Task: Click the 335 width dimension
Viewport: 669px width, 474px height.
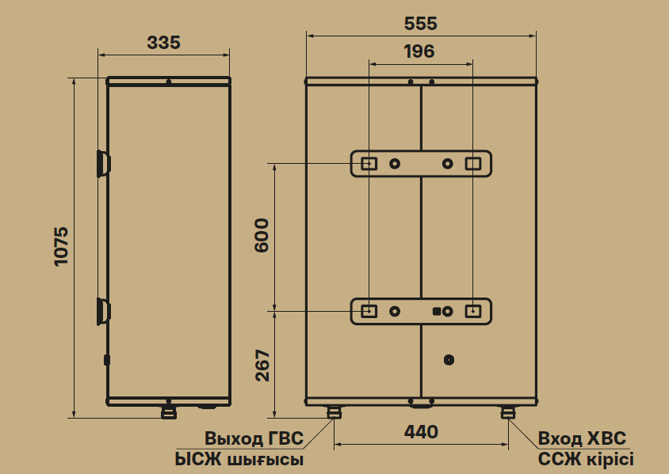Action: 163,43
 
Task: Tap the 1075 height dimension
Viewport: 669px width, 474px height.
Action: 62,247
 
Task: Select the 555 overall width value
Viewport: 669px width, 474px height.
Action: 421,24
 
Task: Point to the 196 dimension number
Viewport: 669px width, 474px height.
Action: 419,51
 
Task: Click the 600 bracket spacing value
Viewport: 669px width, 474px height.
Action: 262,236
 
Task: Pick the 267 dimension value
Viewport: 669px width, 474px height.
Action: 262,366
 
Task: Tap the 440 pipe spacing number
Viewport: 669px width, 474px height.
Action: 421,432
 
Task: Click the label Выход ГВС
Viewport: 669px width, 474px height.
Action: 254,438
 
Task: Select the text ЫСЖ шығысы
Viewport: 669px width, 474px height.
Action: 239,460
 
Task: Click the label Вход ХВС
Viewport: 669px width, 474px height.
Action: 582,438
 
